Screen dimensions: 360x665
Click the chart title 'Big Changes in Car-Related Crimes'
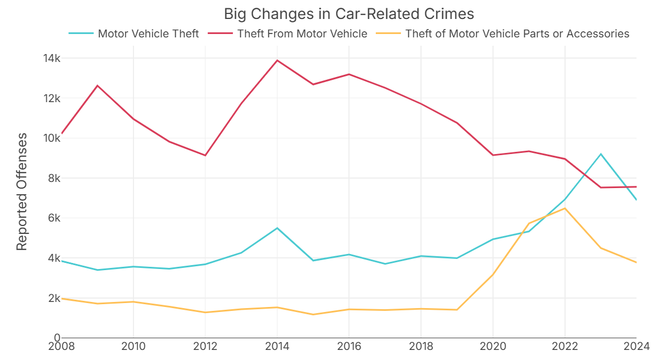[x=349, y=13]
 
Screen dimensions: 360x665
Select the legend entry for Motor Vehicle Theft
[x=148, y=33]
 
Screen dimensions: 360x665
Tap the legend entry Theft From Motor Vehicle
[x=302, y=33]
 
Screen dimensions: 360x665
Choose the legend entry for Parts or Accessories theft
[x=517, y=33]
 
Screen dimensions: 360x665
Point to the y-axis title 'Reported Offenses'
[x=22, y=191]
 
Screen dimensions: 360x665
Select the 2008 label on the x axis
[x=61, y=347]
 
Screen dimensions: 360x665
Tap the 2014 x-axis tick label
[x=277, y=347]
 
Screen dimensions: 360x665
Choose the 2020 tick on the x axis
[x=493, y=347]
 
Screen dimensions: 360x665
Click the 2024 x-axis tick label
[x=636, y=347]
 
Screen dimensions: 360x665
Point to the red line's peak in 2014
[x=277, y=60]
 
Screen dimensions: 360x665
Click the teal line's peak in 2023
[x=601, y=153]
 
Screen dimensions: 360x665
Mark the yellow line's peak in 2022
[x=565, y=208]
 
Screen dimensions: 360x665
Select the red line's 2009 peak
[x=98, y=85]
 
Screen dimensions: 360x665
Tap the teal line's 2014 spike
[x=277, y=228]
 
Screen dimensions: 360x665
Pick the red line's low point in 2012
[x=205, y=155]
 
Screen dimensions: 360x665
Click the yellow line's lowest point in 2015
[x=313, y=314]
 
